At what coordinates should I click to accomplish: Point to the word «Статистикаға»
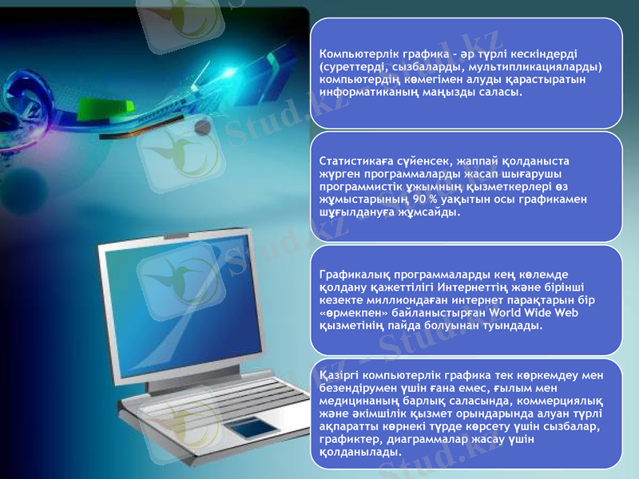[355, 160]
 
